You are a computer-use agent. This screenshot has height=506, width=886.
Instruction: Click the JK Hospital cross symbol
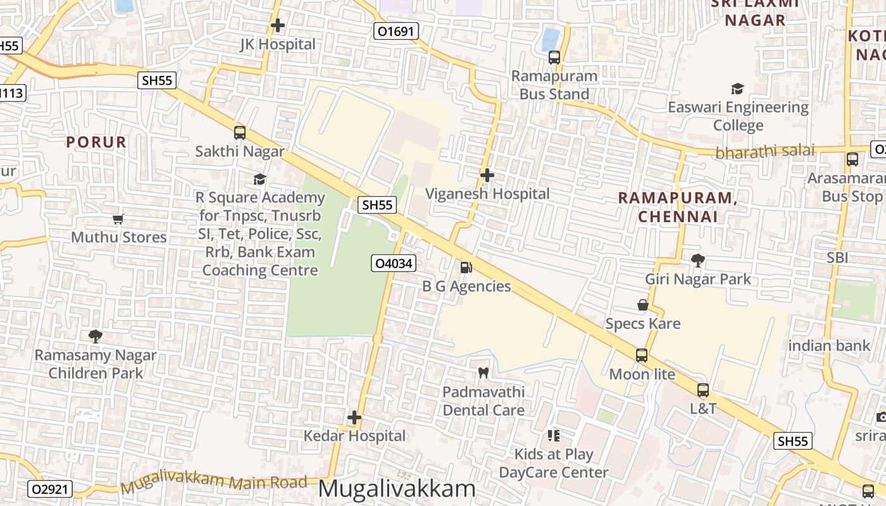[277, 26]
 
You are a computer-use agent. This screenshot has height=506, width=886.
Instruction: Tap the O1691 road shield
[396, 31]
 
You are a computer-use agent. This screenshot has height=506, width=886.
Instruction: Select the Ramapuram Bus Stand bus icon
[554, 58]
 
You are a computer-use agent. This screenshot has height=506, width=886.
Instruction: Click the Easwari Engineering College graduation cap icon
[737, 89]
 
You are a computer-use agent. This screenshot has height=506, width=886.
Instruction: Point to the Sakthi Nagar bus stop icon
[239, 133]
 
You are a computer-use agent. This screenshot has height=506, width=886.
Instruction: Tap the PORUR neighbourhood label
[97, 142]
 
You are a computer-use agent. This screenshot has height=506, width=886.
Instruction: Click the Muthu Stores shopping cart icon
[118, 219]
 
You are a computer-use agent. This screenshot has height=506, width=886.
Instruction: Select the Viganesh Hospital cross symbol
[487, 175]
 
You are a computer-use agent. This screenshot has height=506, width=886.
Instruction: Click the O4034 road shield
[394, 263]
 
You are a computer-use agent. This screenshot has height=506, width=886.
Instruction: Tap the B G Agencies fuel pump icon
[466, 268]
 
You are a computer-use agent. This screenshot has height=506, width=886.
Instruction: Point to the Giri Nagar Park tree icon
[697, 261]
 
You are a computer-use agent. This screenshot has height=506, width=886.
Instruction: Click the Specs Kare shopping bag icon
[643, 305]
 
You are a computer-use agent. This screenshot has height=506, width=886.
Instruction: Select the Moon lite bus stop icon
[642, 355]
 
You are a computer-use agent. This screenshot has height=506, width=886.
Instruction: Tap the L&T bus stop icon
[702, 390]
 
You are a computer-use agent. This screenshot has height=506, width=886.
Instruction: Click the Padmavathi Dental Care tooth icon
[484, 373]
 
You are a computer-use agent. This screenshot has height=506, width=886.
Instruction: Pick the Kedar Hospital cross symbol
[354, 417]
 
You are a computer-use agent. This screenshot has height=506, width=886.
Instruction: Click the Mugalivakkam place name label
[396, 488]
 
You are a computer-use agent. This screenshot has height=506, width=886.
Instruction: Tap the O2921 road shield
[51, 489]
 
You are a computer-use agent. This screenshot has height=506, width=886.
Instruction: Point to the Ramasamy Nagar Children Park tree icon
[96, 336]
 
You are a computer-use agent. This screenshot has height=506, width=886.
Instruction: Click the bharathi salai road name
[764, 152]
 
